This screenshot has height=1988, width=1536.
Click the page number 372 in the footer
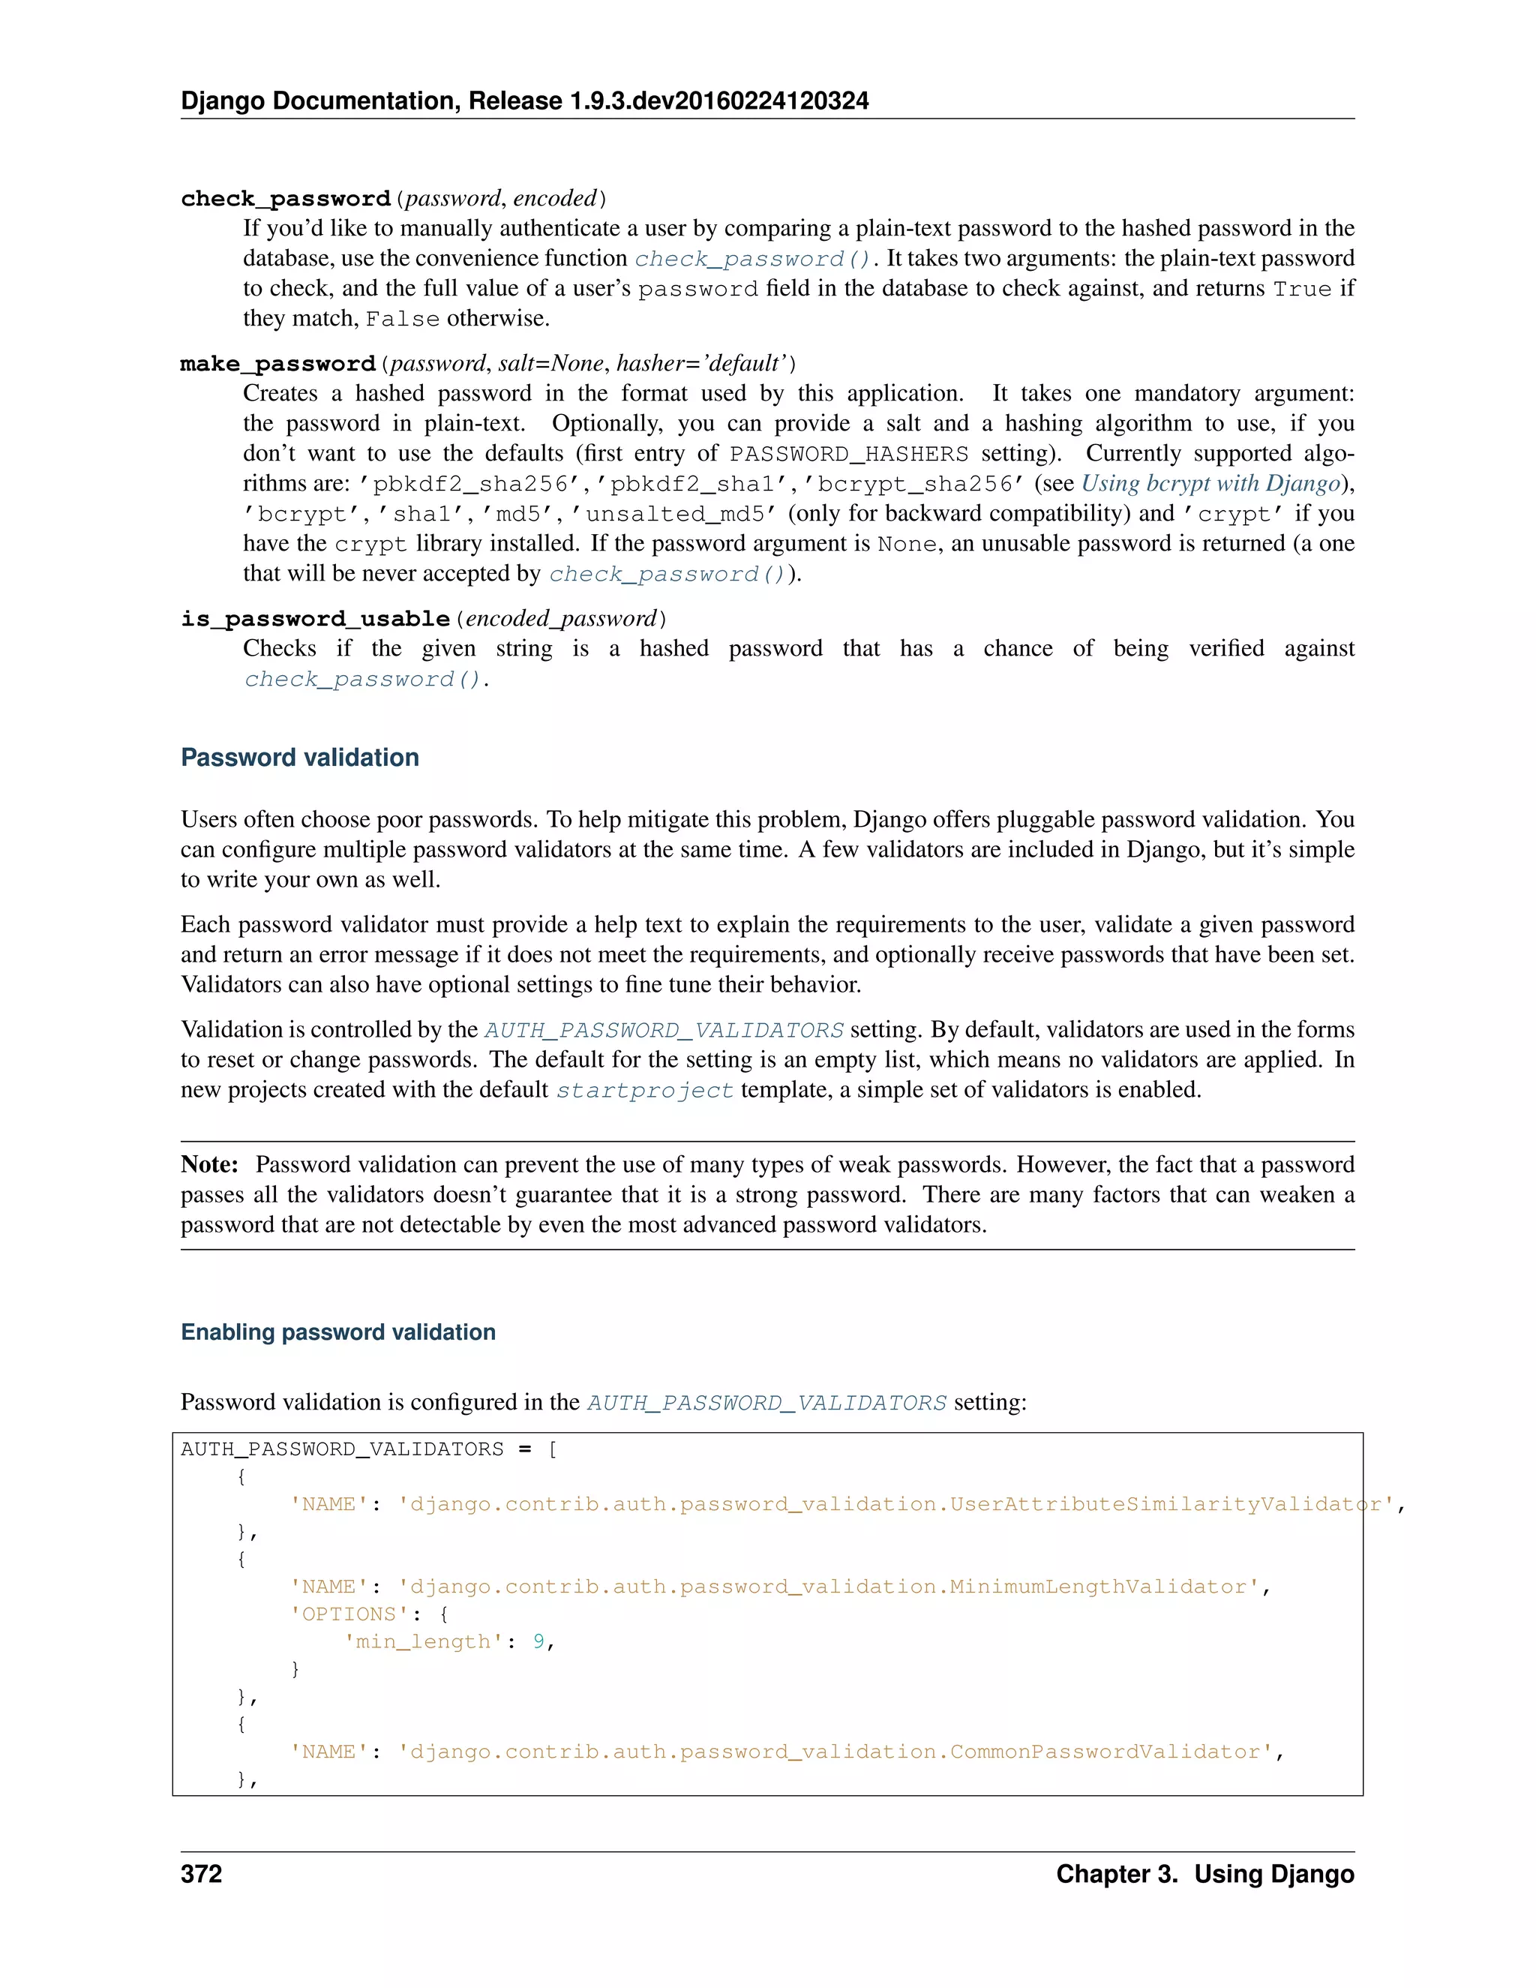[201, 1874]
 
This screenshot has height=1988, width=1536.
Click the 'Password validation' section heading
[299, 758]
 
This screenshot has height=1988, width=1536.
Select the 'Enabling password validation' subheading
[337, 1332]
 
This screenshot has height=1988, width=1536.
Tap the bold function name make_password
[277, 364]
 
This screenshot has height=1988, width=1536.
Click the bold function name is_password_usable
[315, 619]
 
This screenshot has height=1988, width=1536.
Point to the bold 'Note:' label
[209, 1164]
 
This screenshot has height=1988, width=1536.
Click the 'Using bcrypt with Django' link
[1210, 483]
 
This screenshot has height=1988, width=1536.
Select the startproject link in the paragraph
[644, 1091]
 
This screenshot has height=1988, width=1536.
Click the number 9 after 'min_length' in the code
[538, 1641]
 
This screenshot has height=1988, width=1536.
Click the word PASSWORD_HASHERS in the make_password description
[848, 454]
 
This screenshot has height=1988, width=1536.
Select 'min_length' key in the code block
[423, 1641]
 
